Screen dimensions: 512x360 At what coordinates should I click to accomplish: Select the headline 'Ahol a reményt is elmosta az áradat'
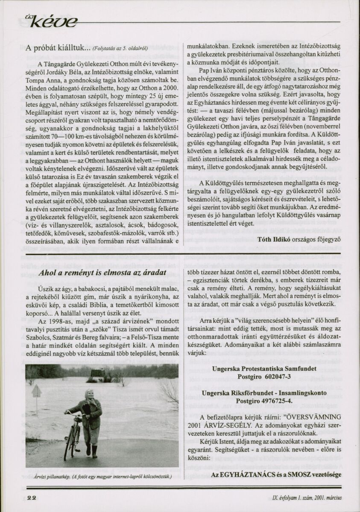(102, 273)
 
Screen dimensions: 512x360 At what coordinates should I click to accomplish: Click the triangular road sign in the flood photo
(37, 390)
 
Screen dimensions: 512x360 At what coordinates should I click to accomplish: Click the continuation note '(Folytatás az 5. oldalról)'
(120, 49)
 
